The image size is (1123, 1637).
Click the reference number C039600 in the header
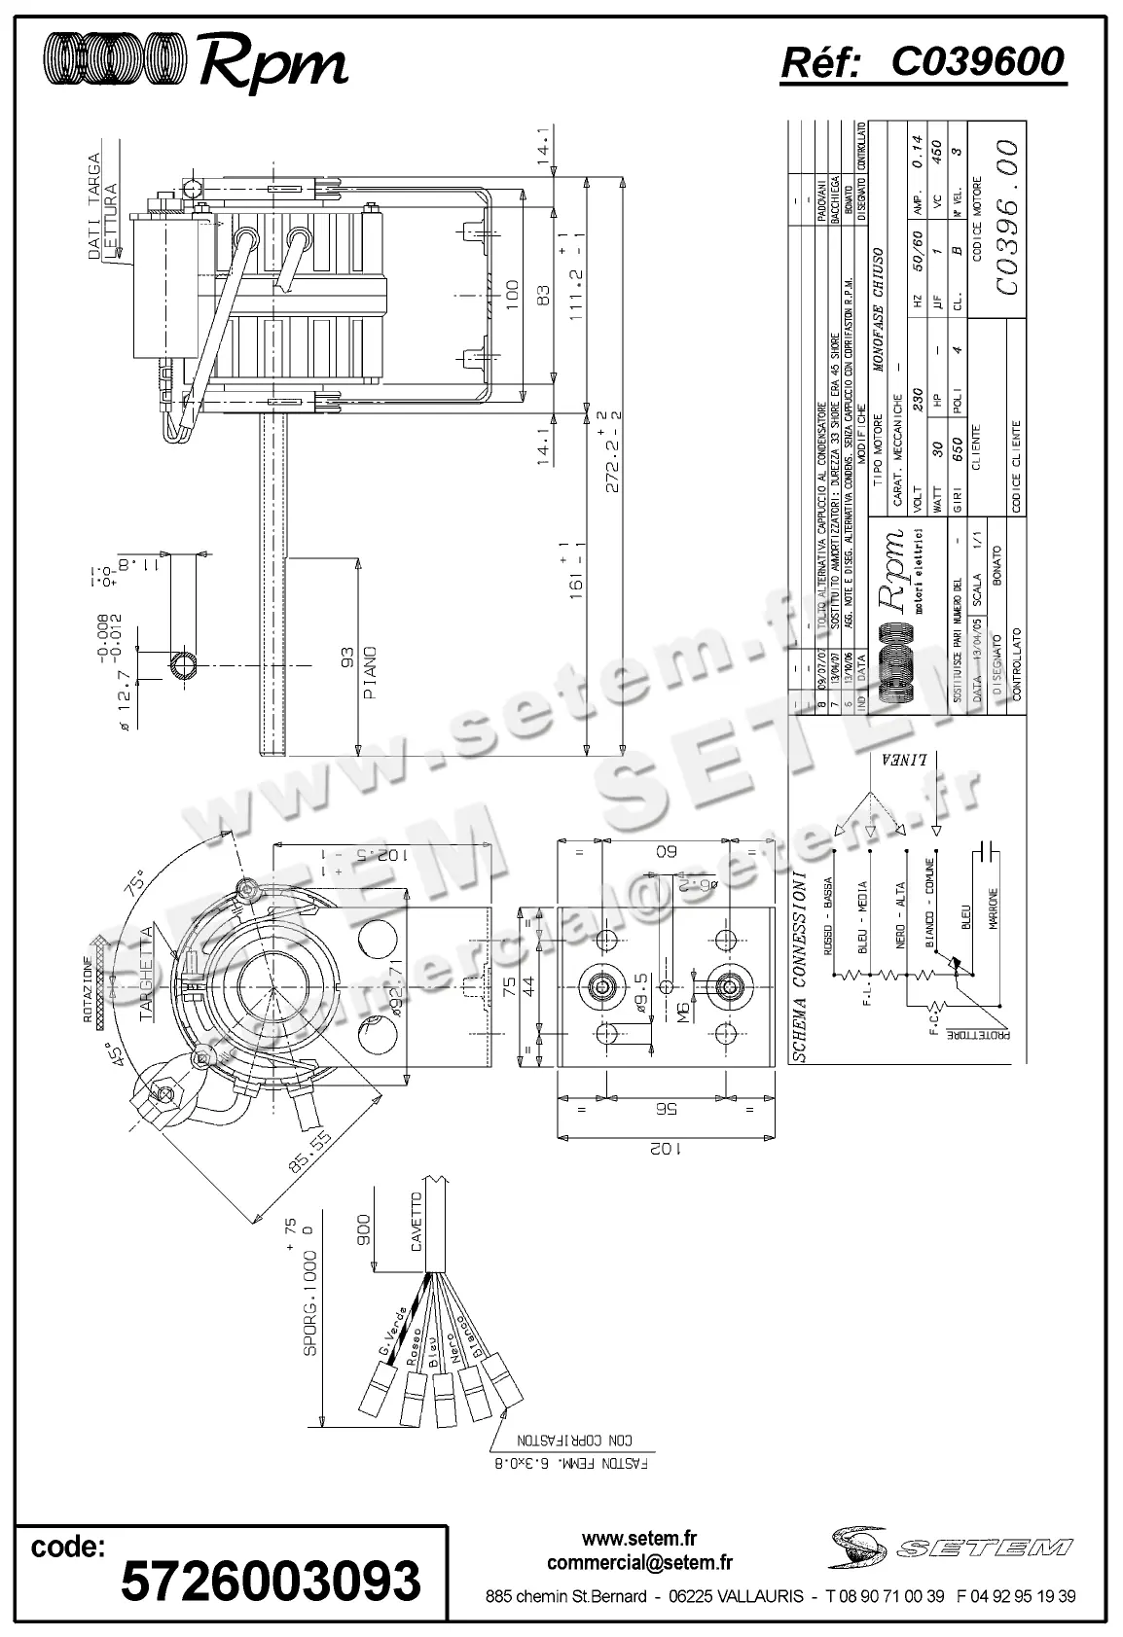(x=977, y=61)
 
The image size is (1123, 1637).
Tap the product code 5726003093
(x=271, y=1581)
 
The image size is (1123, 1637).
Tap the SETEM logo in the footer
(x=950, y=1546)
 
